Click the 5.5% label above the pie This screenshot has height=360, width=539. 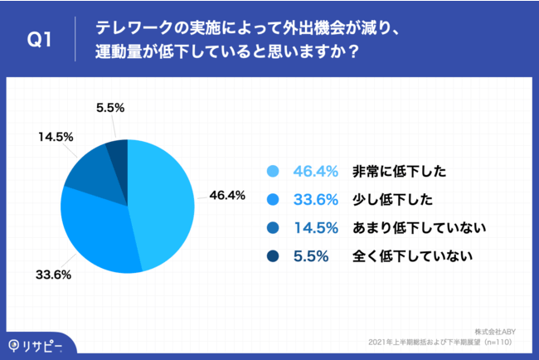110,108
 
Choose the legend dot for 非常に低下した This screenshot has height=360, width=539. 273,172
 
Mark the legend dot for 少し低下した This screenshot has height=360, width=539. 273,200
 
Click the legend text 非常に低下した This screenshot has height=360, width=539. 399,172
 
